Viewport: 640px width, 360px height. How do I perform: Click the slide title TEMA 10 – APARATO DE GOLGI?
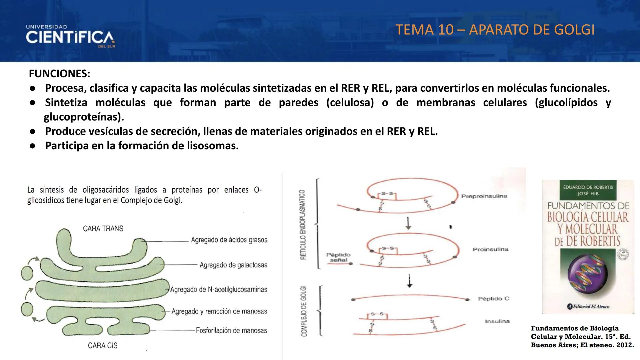(x=495, y=30)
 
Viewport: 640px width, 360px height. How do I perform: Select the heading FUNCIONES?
(x=59, y=74)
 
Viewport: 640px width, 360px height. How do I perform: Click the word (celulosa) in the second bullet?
(x=350, y=102)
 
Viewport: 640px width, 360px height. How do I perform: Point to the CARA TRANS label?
(x=103, y=229)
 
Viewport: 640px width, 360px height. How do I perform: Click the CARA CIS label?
(x=103, y=346)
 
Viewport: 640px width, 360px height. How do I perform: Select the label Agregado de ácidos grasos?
(x=229, y=240)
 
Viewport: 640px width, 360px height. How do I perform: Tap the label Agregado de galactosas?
(x=233, y=265)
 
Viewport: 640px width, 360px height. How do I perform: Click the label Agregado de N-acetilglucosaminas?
(x=219, y=290)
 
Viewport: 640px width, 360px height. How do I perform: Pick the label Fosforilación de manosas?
(x=231, y=331)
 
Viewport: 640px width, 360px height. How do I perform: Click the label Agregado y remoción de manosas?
(x=219, y=311)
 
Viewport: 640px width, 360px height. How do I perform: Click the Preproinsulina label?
(x=484, y=196)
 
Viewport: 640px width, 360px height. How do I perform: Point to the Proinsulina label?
(x=490, y=249)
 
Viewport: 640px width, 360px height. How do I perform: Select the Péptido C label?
(x=494, y=299)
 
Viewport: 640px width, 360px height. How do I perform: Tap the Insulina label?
(x=497, y=321)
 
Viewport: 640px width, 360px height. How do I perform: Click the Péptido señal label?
(x=338, y=257)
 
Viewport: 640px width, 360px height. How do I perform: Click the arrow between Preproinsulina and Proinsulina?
(x=408, y=223)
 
